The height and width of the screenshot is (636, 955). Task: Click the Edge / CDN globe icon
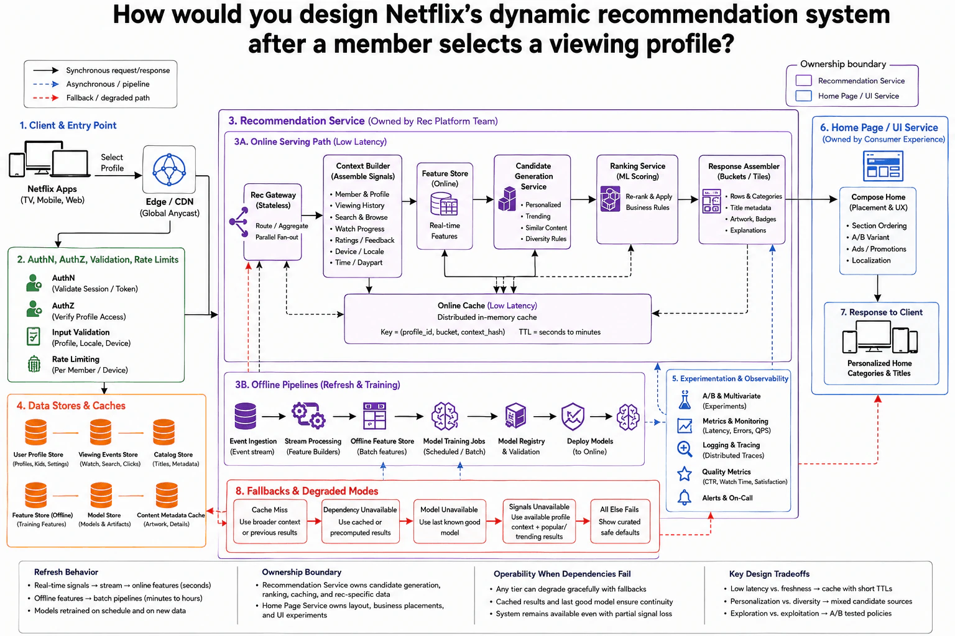(x=169, y=170)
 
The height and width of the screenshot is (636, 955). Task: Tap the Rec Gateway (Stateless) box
(x=272, y=222)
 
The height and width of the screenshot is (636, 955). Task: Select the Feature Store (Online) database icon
(x=444, y=204)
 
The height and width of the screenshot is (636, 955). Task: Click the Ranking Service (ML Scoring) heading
(x=637, y=171)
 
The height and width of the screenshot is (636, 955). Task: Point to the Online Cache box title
(x=487, y=306)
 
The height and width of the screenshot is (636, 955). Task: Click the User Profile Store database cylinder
(x=36, y=432)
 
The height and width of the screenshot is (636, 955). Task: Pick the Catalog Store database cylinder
(x=164, y=432)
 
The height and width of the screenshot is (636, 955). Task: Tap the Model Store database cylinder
(x=101, y=495)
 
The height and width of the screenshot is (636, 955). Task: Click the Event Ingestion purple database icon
(x=246, y=416)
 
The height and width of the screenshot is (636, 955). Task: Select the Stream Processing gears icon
(x=308, y=416)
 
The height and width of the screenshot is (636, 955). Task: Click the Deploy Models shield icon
(x=573, y=417)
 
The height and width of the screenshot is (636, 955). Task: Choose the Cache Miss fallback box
(x=270, y=521)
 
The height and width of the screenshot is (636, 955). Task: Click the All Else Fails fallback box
(x=620, y=521)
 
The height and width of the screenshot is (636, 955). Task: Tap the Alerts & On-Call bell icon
(x=685, y=497)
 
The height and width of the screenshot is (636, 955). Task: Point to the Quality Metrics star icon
(x=685, y=473)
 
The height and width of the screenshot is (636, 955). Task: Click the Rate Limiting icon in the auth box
(x=34, y=364)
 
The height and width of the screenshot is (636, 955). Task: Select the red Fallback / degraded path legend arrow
(x=45, y=98)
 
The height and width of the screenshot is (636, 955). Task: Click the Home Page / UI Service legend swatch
(x=804, y=96)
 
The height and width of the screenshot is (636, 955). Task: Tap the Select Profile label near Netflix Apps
(x=112, y=163)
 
